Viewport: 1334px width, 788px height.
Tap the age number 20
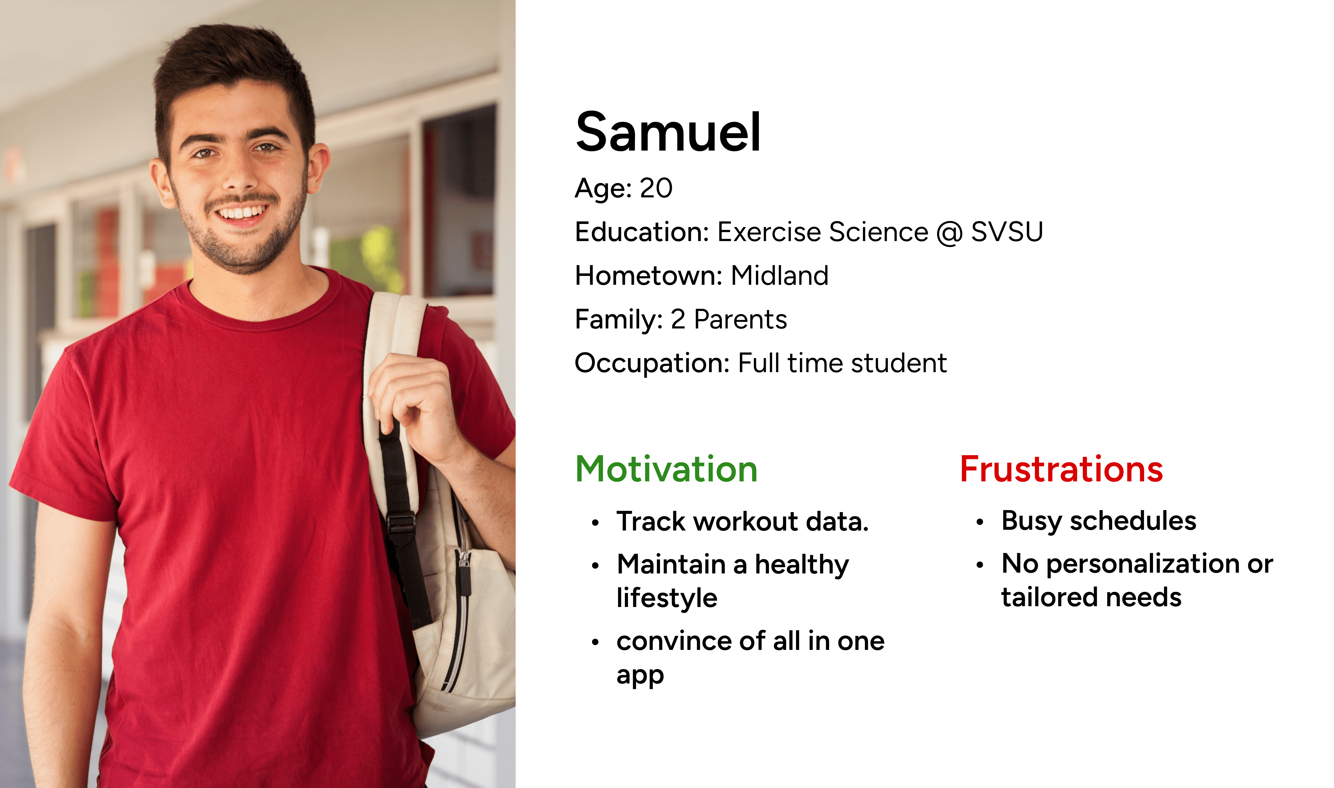click(x=656, y=188)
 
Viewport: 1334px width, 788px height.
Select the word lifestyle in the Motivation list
click(x=667, y=598)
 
